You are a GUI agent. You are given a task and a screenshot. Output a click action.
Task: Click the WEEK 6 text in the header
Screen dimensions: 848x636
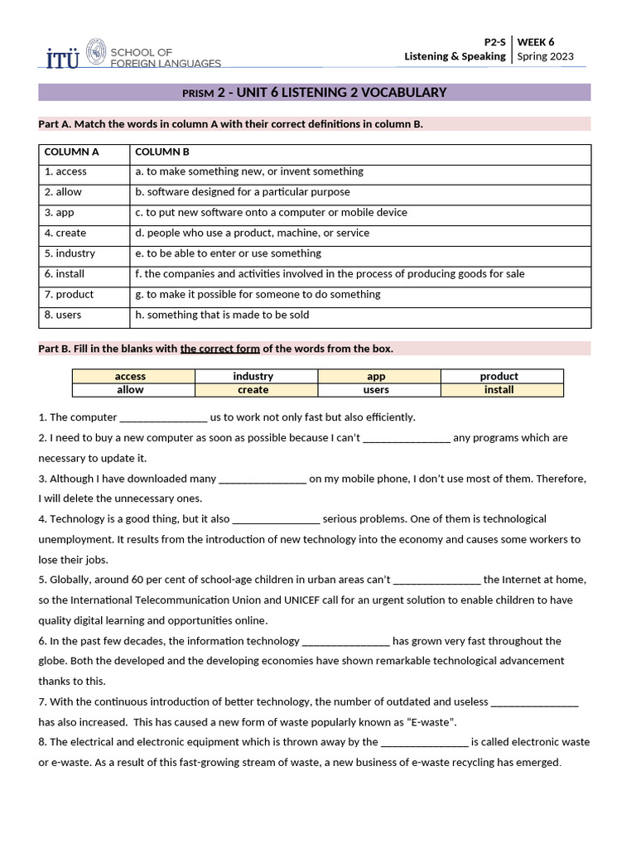coord(536,41)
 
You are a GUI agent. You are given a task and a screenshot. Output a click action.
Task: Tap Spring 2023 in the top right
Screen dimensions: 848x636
coord(544,56)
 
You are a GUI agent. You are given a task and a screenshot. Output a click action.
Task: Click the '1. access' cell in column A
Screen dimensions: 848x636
coord(65,171)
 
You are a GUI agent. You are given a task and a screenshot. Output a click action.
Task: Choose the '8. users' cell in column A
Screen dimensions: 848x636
coord(63,315)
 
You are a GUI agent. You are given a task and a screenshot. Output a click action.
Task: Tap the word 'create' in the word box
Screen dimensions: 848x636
coord(253,390)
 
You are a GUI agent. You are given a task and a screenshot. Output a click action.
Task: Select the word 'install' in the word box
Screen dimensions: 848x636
coord(499,389)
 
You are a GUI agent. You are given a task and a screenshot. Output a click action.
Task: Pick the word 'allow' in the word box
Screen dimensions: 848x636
coord(130,389)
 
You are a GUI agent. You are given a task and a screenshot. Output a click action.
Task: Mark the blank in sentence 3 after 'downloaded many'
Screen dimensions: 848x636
coord(263,479)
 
